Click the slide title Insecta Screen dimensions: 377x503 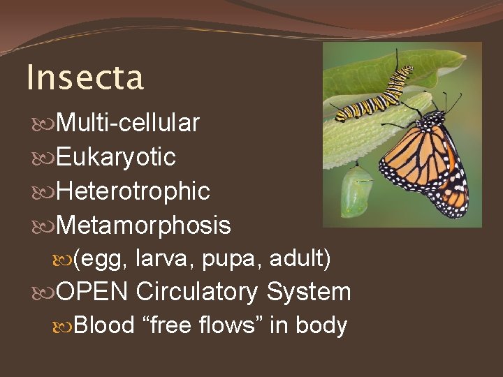pos(85,77)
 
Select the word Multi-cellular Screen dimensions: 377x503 pos(128,124)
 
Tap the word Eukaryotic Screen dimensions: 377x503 pos(115,158)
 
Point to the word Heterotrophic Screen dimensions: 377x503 pos(133,191)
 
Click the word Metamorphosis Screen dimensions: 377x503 pos(143,226)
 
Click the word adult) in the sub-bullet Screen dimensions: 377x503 pos(300,258)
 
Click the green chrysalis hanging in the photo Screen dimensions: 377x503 pos(355,190)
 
